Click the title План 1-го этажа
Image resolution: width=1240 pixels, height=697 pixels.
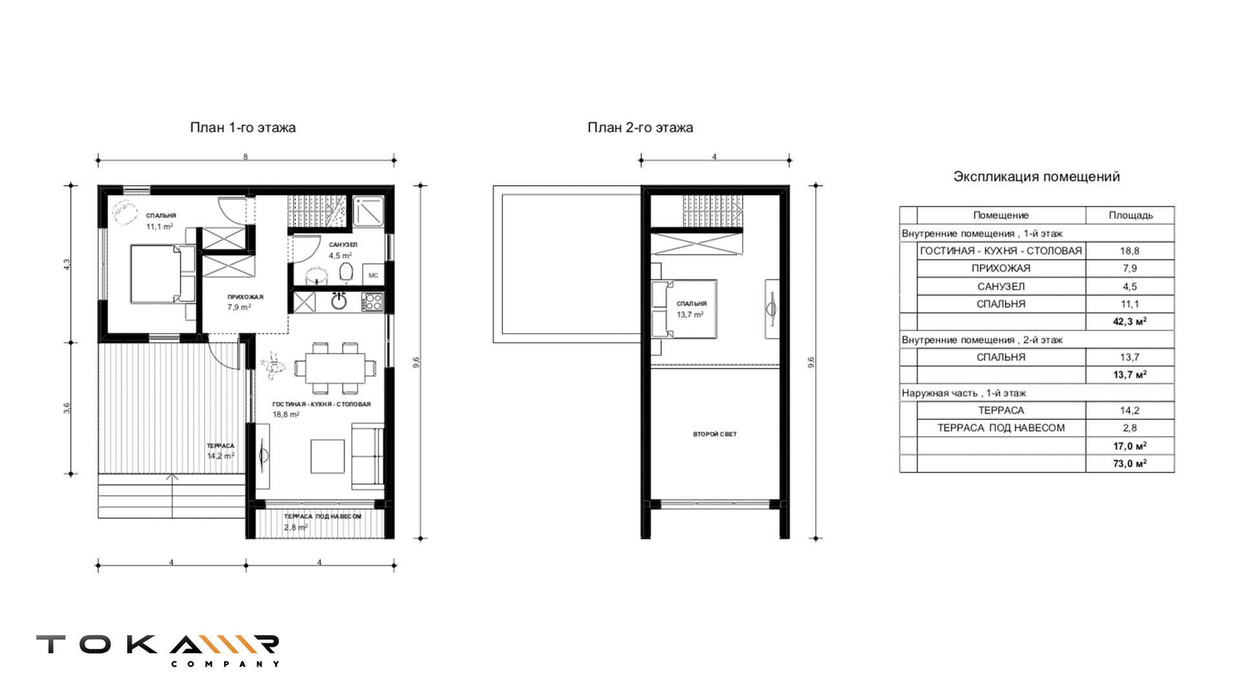click(x=243, y=128)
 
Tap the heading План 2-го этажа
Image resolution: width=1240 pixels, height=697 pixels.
click(x=640, y=128)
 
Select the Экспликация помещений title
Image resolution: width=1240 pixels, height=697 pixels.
click(x=1037, y=177)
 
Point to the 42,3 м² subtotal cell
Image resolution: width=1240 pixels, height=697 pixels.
click(x=1130, y=321)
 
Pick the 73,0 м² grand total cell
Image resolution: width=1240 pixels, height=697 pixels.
click(x=1130, y=463)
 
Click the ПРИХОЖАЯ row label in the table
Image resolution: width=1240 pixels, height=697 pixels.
click(x=1001, y=268)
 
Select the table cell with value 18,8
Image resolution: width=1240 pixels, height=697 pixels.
click(x=1130, y=251)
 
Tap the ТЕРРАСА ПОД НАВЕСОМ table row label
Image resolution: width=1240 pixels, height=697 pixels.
click(x=1001, y=428)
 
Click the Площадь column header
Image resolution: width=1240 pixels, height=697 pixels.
click(x=1131, y=216)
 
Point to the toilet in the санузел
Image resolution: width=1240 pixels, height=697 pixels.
click(x=347, y=272)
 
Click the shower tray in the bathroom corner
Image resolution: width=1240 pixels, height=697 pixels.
click(x=368, y=210)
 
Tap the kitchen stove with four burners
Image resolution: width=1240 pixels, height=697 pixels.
click(x=373, y=301)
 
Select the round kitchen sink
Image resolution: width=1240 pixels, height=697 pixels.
click(x=339, y=301)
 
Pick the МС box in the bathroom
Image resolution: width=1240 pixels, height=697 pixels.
click(x=373, y=276)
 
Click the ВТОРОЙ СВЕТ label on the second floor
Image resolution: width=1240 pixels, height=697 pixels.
click(x=715, y=434)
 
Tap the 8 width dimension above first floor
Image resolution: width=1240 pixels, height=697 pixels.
click(x=245, y=156)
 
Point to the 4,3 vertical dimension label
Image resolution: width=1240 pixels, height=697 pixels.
click(x=67, y=265)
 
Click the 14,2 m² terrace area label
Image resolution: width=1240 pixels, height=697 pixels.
click(x=220, y=456)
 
